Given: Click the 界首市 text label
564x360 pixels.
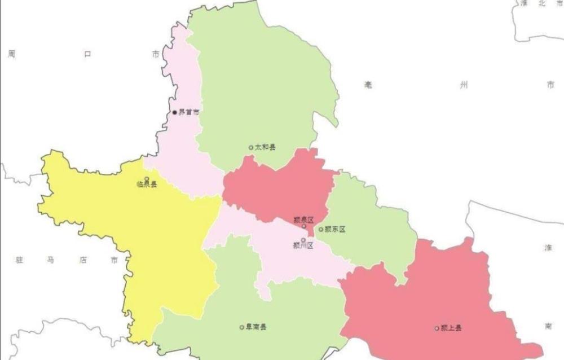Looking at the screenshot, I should (189, 112).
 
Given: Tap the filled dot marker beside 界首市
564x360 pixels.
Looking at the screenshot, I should (175, 112).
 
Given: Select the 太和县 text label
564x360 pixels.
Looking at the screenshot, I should (265, 147).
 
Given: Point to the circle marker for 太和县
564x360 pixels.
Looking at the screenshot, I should (251, 147).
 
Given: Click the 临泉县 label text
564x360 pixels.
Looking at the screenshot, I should (147, 185).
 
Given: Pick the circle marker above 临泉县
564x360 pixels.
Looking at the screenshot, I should (147, 179).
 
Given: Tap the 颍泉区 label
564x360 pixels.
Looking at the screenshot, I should (303, 219).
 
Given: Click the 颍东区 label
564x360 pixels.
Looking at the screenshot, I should (334, 229).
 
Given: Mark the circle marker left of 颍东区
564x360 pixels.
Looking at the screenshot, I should (321, 229).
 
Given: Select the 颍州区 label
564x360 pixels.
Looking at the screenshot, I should (303, 245).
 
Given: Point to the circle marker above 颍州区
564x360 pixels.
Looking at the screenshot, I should (303, 240).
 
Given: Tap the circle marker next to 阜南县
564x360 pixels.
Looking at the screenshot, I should (242, 327).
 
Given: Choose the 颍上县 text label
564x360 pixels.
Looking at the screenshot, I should (451, 328).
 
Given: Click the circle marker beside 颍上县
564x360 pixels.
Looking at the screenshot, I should (437, 328).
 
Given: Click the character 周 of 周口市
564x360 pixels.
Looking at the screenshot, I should (11, 54).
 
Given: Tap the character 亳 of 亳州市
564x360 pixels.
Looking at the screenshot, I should (368, 85).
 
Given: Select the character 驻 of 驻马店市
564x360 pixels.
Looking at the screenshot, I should (20, 260).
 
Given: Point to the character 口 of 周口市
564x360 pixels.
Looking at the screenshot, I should (87, 54).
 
